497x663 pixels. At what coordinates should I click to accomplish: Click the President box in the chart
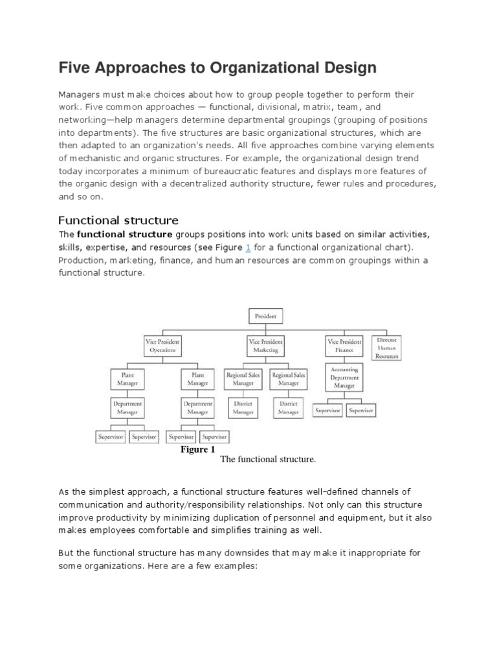tap(265, 317)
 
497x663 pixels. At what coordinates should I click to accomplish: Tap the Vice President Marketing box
tap(265, 345)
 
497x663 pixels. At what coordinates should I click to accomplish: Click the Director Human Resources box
tap(388, 348)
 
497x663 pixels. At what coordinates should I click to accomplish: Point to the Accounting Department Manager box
tap(345, 377)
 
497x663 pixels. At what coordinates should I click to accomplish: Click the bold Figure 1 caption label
tap(198, 449)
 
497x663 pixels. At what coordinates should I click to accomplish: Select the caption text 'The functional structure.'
tap(268, 460)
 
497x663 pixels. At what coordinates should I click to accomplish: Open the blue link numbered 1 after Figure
tap(247, 248)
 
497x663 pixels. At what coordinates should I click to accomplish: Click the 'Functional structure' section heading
tap(118, 220)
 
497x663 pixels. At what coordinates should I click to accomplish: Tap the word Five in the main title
tap(77, 67)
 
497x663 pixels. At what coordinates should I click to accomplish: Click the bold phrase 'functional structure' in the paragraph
tap(124, 234)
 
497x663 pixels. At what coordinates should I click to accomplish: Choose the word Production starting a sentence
tap(82, 260)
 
